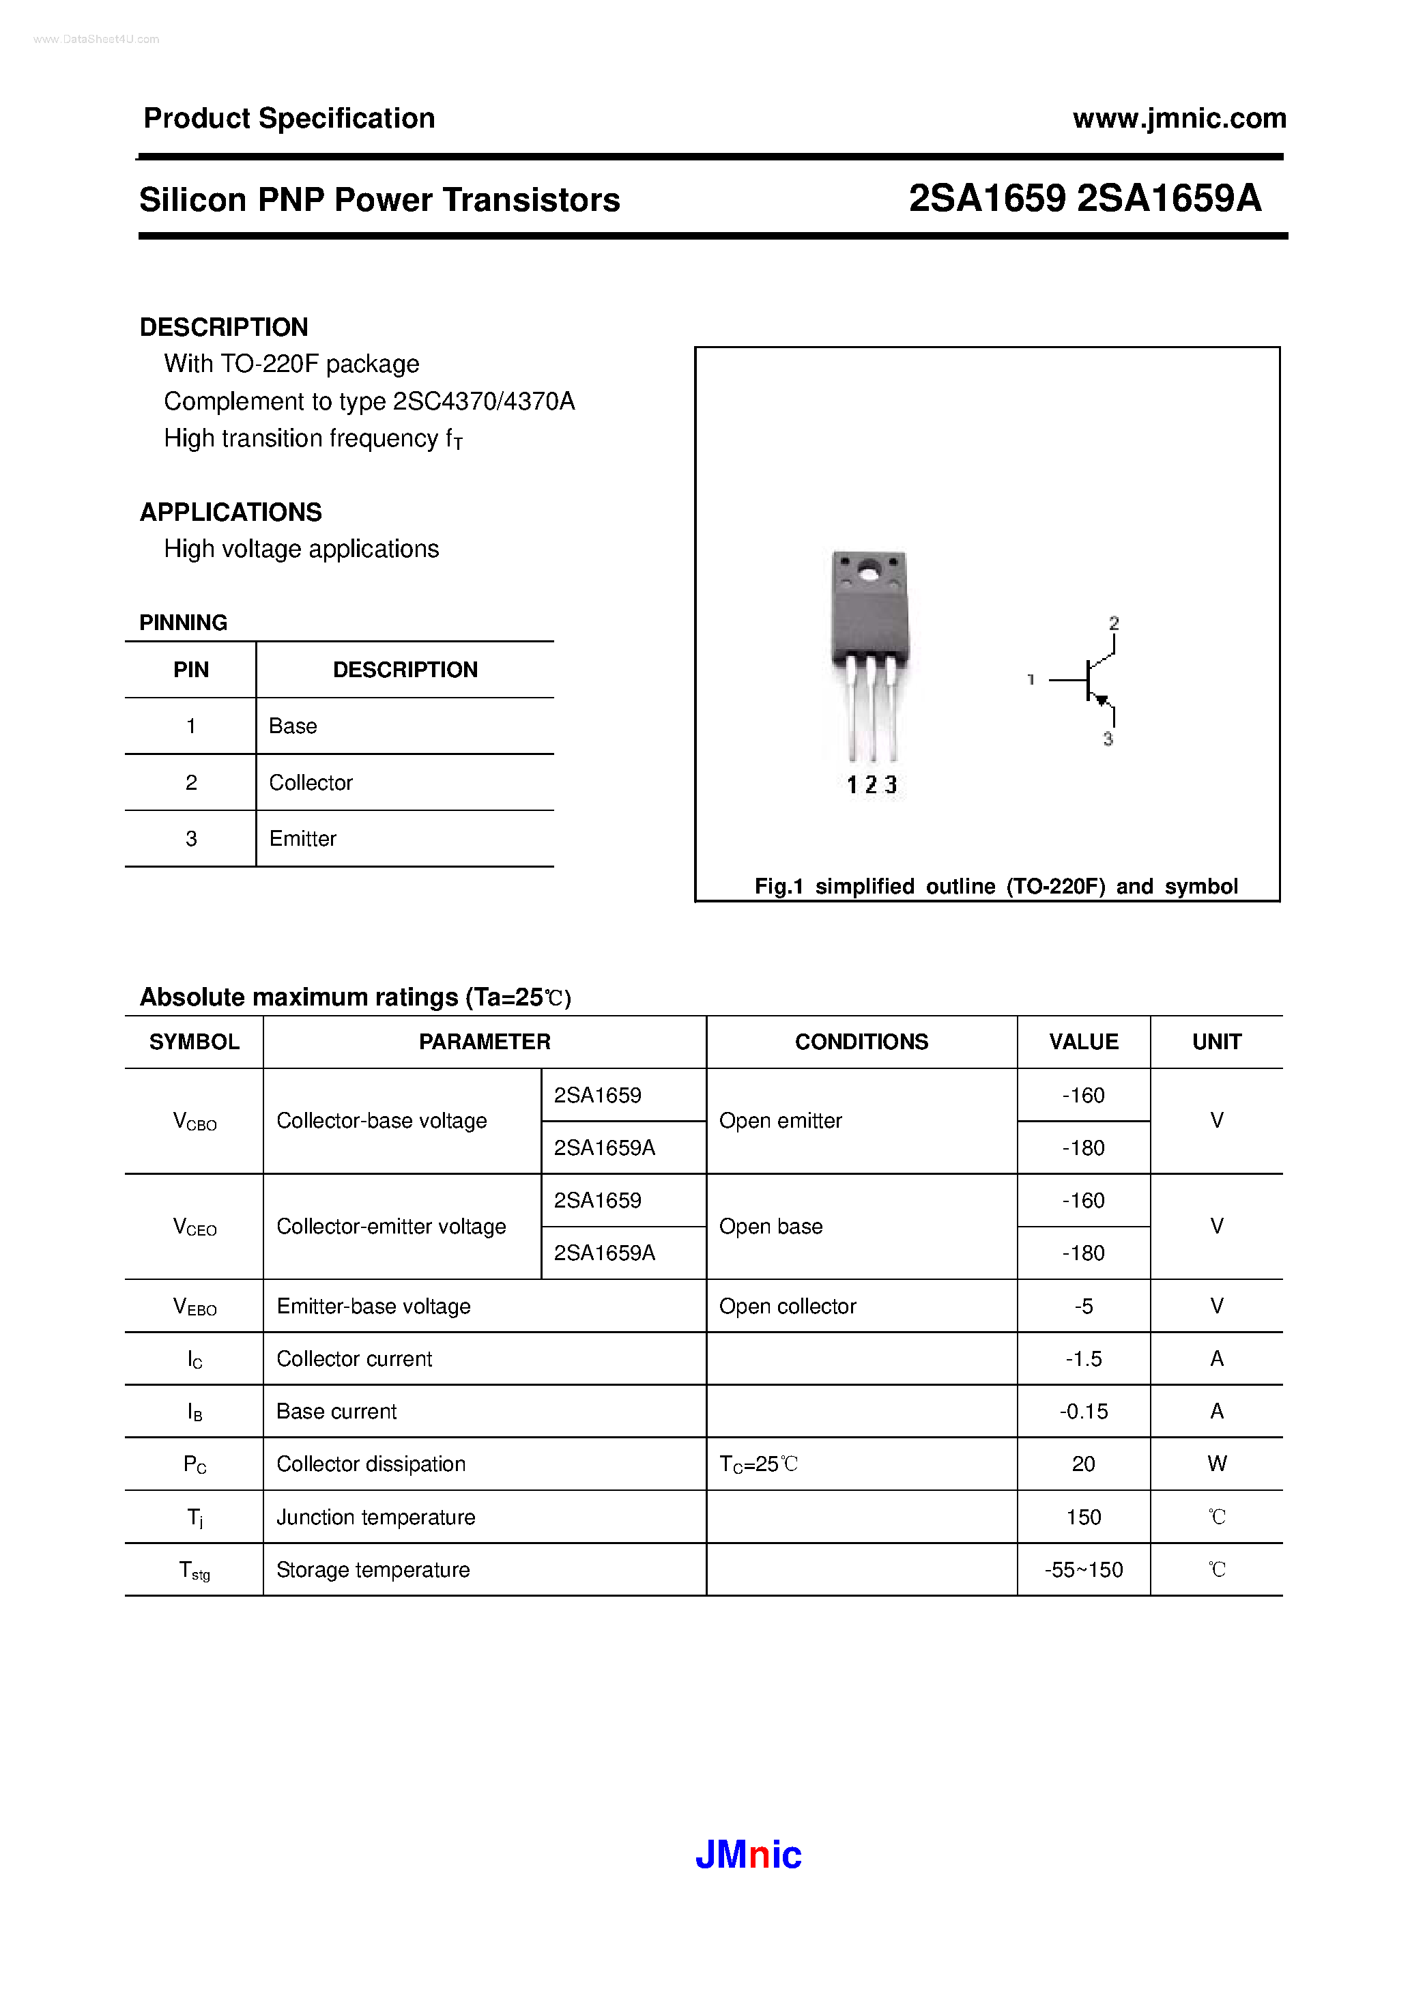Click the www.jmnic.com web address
click(x=1179, y=118)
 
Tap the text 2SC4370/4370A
click(x=483, y=401)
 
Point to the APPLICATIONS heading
click(x=231, y=512)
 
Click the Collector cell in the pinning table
click(x=311, y=782)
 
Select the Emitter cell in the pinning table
click(x=302, y=839)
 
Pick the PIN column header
click(x=190, y=670)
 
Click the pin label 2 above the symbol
click(x=1114, y=623)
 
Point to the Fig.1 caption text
click(x=995, y=886)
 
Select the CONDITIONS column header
click(x=861, y=1042)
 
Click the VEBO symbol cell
click(x=195, y=1307)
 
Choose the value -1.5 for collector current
click(x=1083, y=1359)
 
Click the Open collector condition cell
click(x=787, y=1307)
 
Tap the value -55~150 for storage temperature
click(x=1083, y=1570)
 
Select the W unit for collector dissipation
click(x=1216, y=1464)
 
